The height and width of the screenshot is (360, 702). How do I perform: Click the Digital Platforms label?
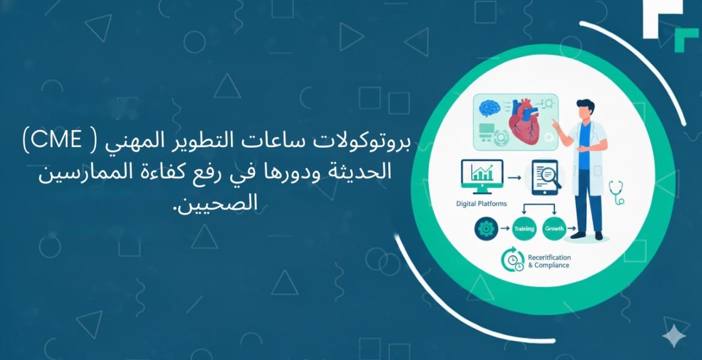pyautogui.click(x=481, y=204)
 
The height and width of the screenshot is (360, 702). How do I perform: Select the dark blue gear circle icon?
pyautogui.click(x=484, y=229)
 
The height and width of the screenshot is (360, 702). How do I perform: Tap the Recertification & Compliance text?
pyautogui.click(x=548, y=261)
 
